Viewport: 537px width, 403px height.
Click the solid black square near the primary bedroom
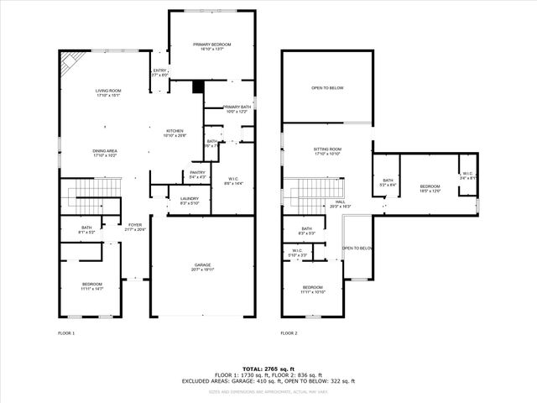197,86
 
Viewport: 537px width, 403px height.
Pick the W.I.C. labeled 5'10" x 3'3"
298,252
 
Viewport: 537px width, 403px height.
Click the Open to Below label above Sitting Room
327,88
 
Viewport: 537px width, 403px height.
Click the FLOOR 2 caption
289,333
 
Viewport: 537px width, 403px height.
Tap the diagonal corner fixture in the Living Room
70,60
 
